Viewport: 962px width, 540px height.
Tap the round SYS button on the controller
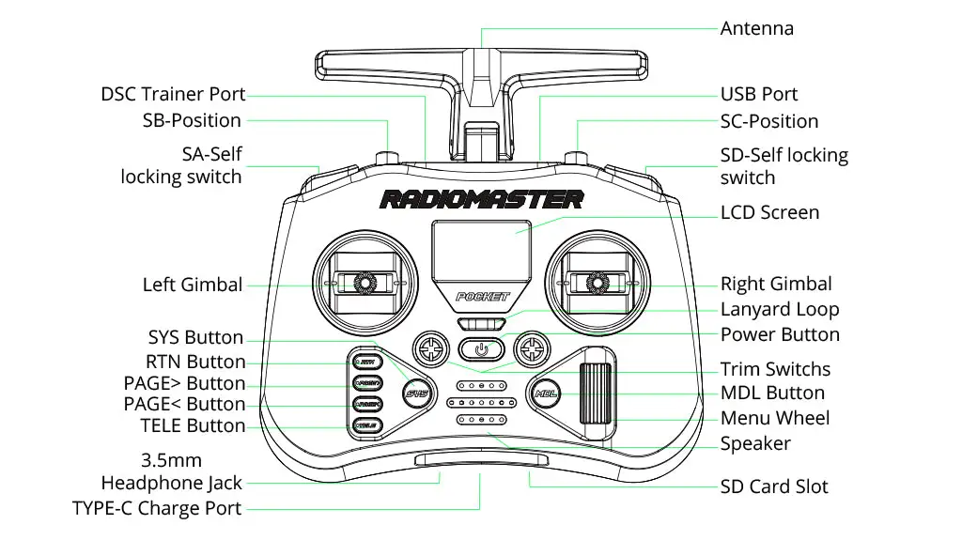click(x=415, y=393)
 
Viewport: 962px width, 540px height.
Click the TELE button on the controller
click(x=365, y=425)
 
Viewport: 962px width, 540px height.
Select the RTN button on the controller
click(x=365, y=362)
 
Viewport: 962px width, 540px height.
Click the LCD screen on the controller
click(x=481, y=251)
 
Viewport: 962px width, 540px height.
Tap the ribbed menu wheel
click(x=597, y=399)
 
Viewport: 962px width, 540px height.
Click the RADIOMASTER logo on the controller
click(x=481, y=199)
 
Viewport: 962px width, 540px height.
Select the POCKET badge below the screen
click(x=481, y=297)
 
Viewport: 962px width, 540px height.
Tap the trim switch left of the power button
click(x=431, y=350)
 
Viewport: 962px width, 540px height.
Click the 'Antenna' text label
click(x=756, y=28)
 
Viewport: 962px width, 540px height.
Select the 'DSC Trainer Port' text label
click(x=173, y=94)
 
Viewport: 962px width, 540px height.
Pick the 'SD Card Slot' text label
click(x=774, y=486)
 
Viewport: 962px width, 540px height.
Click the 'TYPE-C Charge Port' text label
click(x=157, y=509)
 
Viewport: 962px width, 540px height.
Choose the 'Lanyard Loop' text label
click(x=779, y=309)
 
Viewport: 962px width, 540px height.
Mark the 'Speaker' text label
click(x=755, y=443)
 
